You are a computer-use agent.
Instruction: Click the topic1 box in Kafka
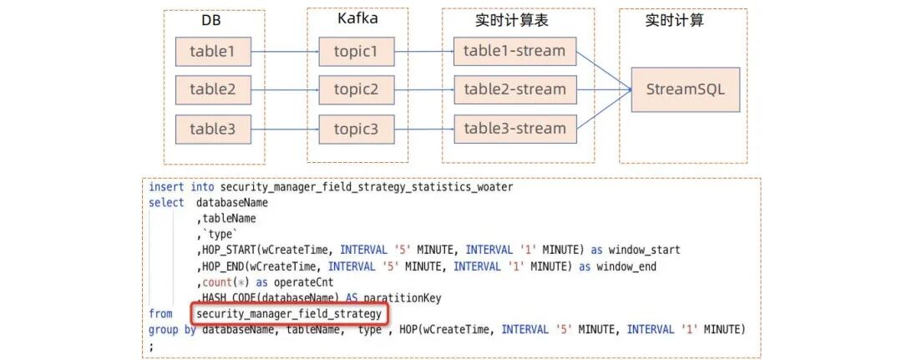pyautogui.click(x=357, y=53)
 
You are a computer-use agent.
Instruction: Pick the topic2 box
pyautogui.click(x=357, y=89)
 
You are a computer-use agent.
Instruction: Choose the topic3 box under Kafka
pyautogui.click(x=357, y=129)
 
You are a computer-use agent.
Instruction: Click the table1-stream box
pyautogui.click(x=514, y=52)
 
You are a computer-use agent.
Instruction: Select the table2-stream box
pyautogui.click(x=514, y=89)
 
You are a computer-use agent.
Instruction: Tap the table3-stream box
pyautogui.click(x=514, y=129)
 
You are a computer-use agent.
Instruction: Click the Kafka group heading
pyautogui.click(x=356, y=18)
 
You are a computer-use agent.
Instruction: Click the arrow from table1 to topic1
pyautogui.click(x=285, y=53)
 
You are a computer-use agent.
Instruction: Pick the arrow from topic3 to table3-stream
pyautogui.click(x=423, y=129)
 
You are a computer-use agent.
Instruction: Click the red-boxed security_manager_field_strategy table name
pyautogui.click(x=288, y=313)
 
